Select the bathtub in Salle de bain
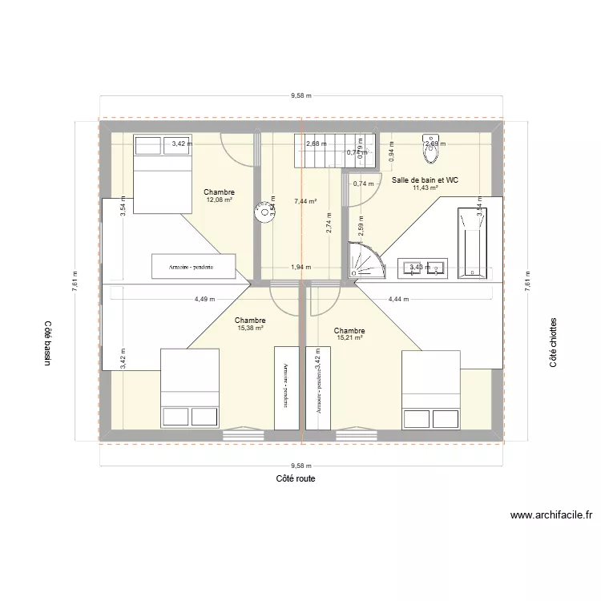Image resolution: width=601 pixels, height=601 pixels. tap(471, 244)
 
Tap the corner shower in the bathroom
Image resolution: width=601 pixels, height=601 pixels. tap(365, 261)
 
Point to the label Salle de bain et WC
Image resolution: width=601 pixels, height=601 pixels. tap(425, 180)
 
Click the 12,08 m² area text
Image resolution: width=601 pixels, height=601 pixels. tap(219, 200)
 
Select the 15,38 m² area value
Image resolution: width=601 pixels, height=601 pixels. tap(251, 328)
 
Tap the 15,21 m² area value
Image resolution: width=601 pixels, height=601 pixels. tap(349, 338)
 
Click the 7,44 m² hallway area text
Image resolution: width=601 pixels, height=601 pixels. tap(305, 202)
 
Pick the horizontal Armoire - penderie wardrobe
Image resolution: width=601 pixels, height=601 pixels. tap(194, 265)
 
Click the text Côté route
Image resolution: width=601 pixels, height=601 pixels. tap(295, 478)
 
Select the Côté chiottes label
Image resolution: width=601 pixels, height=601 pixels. tap(554, 342)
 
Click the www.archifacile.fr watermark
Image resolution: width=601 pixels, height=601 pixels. tap(550, 517)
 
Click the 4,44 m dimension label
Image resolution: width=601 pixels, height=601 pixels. tap(398, 300)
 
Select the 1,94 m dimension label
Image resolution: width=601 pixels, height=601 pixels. tap(300, 268)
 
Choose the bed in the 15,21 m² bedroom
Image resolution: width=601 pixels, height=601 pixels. tap(431, 390)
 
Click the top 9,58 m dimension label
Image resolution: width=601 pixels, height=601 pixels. tap(300, 95)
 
